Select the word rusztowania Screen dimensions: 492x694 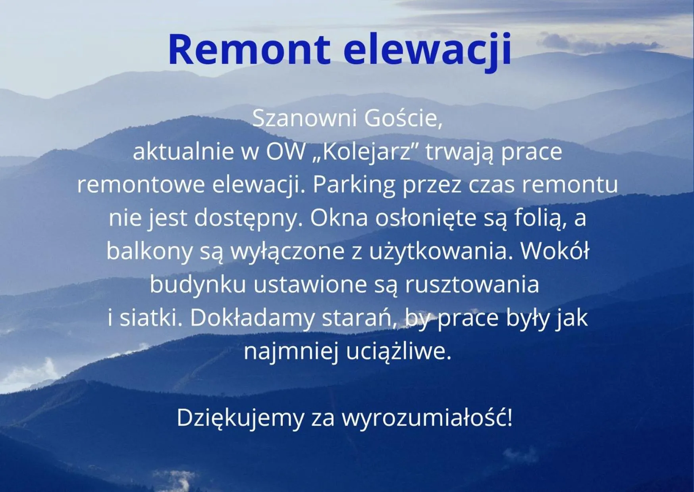pos(472,284)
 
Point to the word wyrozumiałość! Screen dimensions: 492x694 pos(427,418)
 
